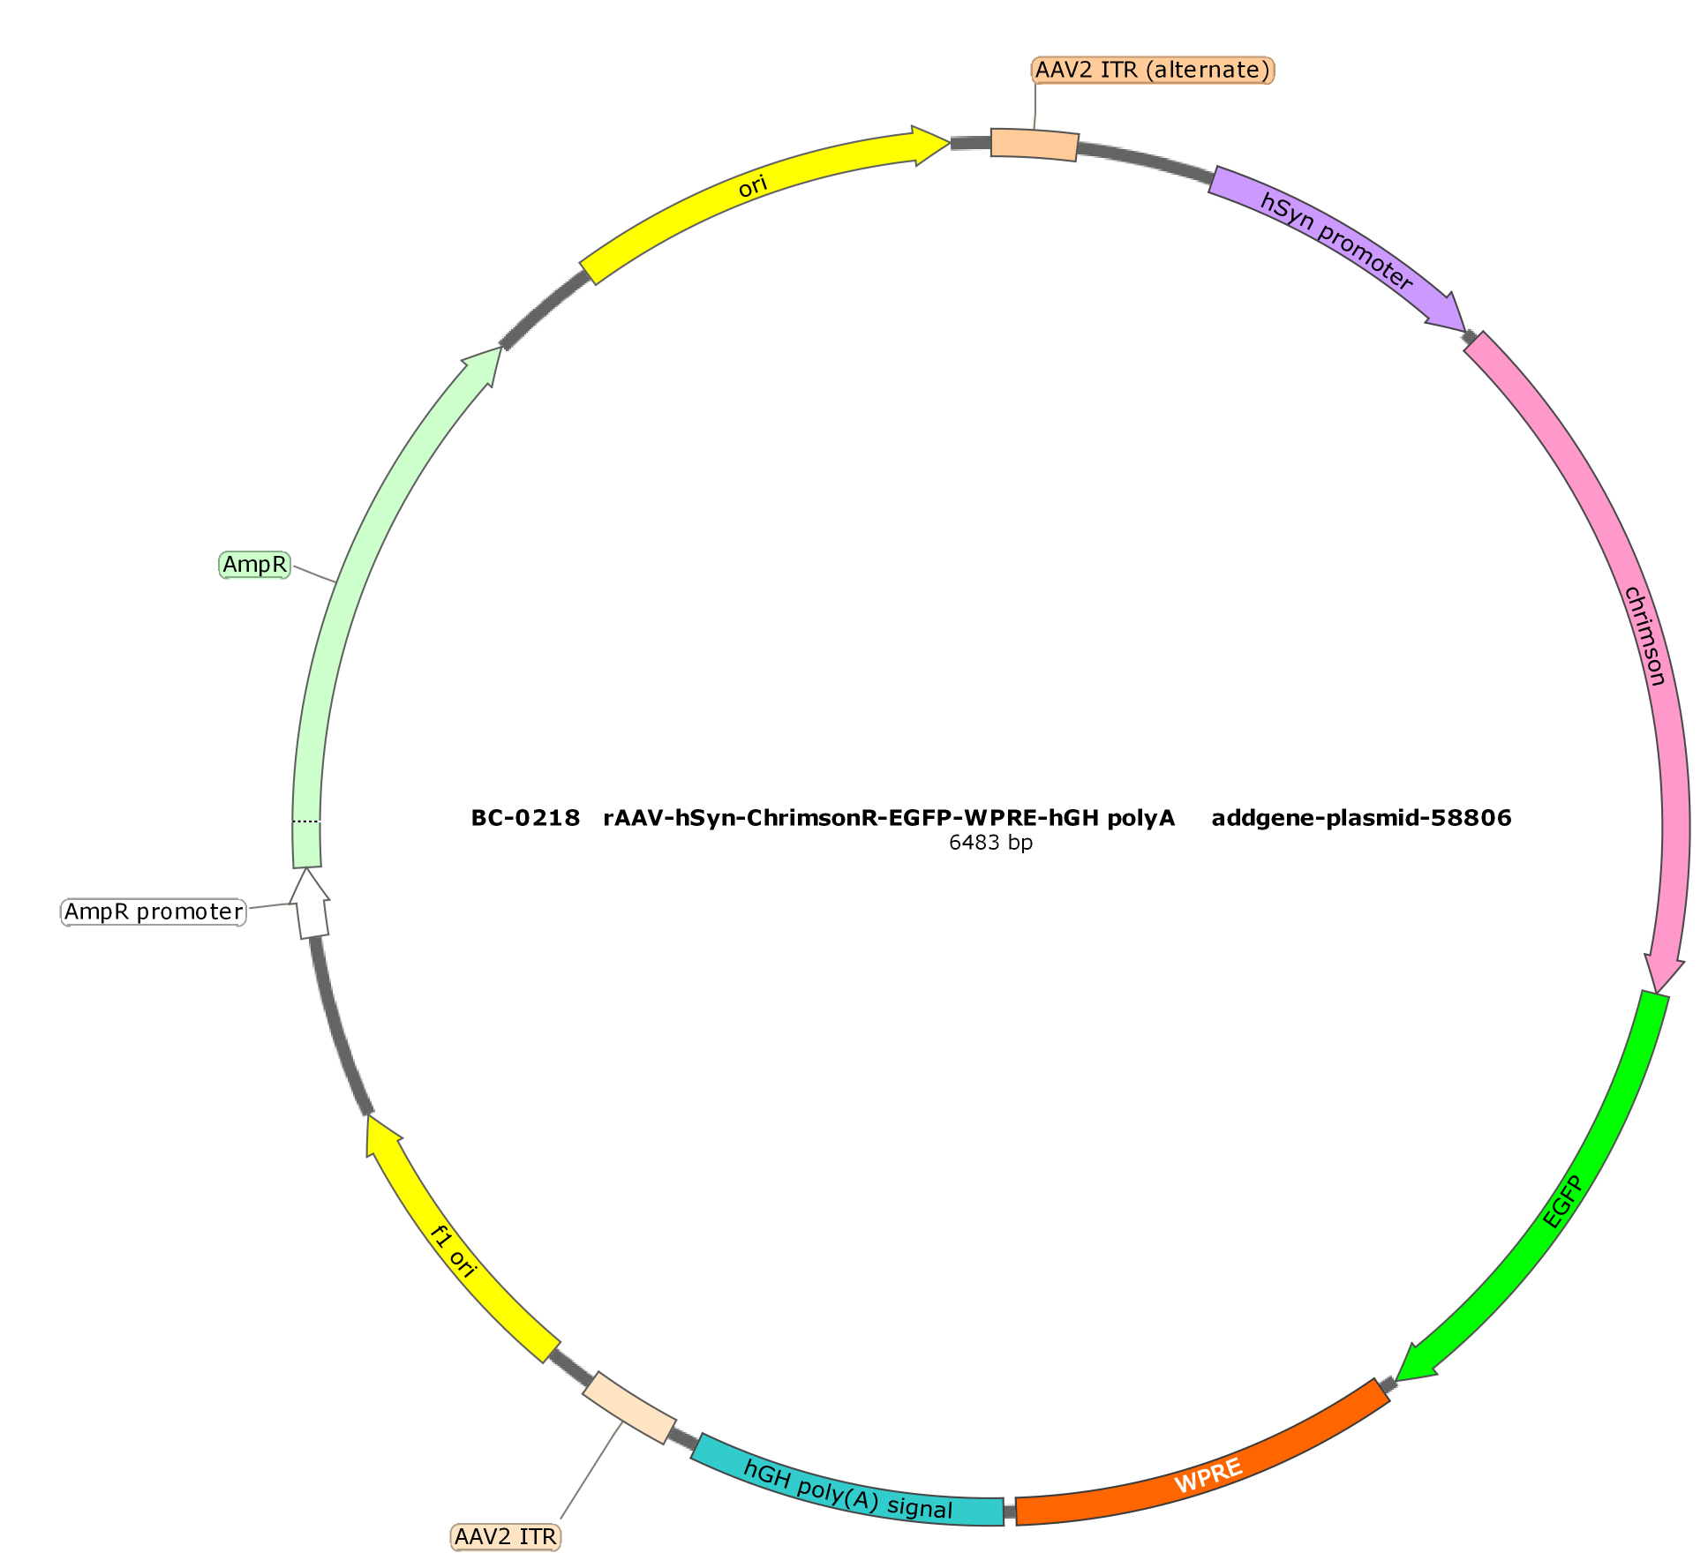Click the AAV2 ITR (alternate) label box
pyautogui.click(x=1153, y=70)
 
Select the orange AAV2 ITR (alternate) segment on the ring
pyautogui.click(x=1035, y=144)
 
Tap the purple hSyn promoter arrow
pyautogui.click(x=1338, y=247)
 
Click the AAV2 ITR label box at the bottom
pyautogui.click(x=506, y=1536)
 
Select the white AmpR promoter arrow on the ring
pyautogui.click(x=311, y=904)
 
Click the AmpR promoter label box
pyautogui.click(x=154, y=912)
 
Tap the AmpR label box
pyautogui.click(x=254, y=565)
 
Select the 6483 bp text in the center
pyautogui.click(x=990, y=842)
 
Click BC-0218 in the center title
pyautogui.click(x=525, y=818)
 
